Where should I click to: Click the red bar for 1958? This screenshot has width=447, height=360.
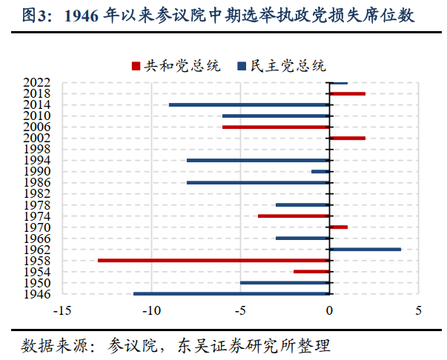point(213,260)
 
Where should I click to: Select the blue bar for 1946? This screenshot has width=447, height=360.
point(231,294)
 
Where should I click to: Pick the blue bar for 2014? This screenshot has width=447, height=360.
point(249,104)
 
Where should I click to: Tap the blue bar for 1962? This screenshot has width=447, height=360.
point(365,249)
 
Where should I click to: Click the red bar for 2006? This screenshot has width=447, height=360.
point(276,127)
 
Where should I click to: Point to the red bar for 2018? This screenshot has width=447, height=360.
point(347,93)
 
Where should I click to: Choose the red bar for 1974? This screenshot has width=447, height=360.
point(294,216)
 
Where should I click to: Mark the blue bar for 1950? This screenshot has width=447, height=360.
point(285,282)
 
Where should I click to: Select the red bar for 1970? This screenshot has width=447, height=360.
point(338,227)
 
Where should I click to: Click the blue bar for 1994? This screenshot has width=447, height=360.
point(258,160)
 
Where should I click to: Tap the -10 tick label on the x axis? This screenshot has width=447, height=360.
point(151,310)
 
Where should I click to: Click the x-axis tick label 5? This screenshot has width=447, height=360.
point(418,310)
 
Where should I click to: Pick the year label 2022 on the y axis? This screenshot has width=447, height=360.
point(36,82)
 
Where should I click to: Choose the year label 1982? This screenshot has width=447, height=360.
point(36,193)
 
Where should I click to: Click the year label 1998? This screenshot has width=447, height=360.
point(36,149)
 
